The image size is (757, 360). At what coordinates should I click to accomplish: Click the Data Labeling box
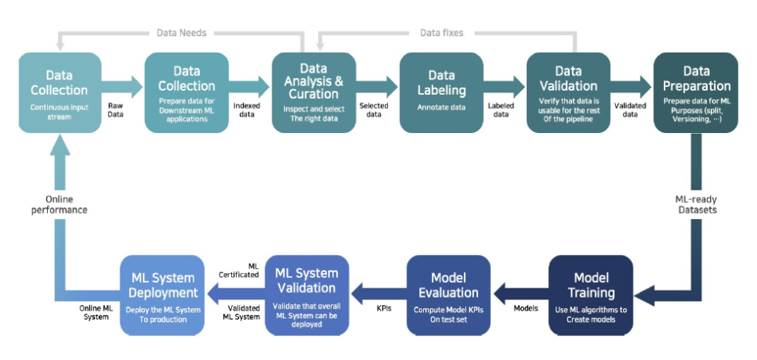441,92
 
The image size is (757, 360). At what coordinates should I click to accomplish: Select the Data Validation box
568,92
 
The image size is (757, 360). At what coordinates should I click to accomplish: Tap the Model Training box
590,295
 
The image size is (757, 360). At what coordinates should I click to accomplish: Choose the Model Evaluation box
449,295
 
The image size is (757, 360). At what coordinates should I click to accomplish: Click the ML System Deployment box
163,295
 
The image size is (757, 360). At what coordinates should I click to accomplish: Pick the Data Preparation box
696,92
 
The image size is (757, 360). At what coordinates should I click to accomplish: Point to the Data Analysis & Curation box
314,92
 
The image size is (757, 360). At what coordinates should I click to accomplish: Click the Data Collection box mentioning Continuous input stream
60,92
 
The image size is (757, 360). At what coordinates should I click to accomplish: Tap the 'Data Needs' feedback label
182,33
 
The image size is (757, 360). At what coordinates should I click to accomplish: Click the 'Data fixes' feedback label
441,33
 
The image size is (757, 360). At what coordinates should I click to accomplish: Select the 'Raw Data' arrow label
116,110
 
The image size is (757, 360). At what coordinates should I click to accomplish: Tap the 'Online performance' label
60,204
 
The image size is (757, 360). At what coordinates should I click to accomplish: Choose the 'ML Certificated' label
240,270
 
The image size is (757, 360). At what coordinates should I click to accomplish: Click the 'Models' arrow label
526,308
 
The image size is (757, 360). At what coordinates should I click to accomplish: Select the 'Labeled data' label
501,110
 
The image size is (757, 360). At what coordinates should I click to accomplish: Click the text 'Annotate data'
441,108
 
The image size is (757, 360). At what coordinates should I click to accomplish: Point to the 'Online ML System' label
94,312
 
